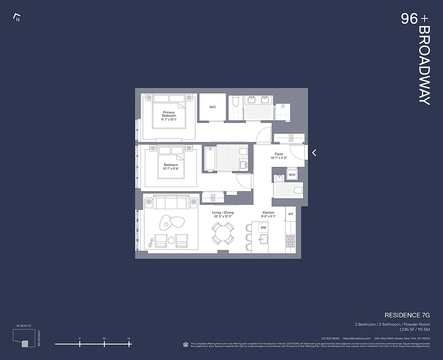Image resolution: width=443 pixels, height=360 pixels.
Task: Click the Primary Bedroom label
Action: [x=169, y=114]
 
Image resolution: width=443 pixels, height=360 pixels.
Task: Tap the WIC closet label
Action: [x=213, y=107]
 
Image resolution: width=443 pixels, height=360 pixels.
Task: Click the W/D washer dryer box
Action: [x=292, y=174]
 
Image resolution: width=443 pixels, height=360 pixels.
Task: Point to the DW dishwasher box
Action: [x=264, y=228]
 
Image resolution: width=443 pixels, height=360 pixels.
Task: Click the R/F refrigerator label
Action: [x=291, y=214]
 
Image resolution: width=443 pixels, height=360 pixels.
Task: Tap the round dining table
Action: [x=223, y=234]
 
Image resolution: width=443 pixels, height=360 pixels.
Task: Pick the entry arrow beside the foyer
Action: [x=314, y=153]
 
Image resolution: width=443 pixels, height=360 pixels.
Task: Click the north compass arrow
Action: [x=17, y=18]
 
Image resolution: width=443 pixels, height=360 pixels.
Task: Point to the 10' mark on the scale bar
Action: [x=104, y=344]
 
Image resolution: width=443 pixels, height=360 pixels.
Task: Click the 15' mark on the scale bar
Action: [x=129, y=344]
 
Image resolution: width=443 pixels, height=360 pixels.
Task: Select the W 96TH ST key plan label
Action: [x=23, y=325]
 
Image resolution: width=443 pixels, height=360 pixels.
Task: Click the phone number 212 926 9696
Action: [x=331, y=338]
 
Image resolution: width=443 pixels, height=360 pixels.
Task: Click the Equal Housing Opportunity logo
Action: [x=186, y=344]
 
